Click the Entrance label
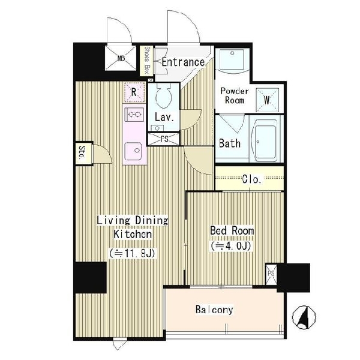183,62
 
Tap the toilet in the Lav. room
164,95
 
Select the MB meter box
121,58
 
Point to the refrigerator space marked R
134,92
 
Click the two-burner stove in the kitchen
134,114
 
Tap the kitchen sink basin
133,151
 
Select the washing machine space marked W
267,100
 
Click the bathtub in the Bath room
263,142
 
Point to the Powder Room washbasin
232,60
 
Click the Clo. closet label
252,179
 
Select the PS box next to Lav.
163,139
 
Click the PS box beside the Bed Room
271,274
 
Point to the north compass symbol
304,317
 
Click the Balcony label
214,310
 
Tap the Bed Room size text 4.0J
231,246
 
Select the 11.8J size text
132,253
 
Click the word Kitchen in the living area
133,234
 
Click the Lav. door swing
191,120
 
